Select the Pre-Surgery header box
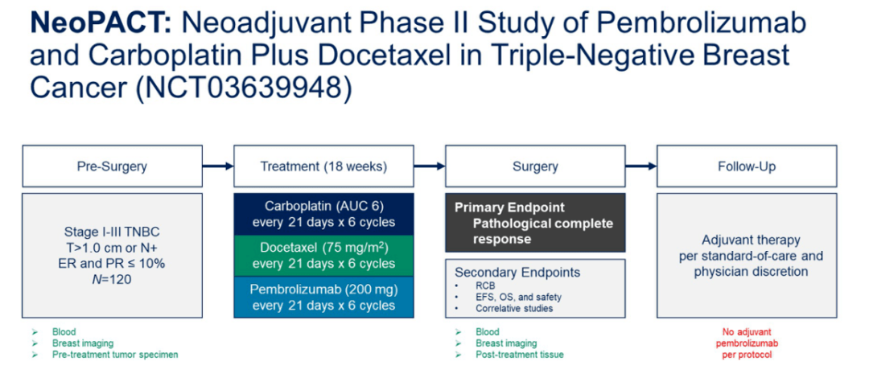pyautogui.click(x=111, y=166)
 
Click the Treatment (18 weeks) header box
pyautogui.click(x=323, y=166)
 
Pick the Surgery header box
pyautogui.click(x=535, y=166)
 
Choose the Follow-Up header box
pyautogui.click(x=747, y=166)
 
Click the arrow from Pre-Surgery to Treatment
pyautogui.click(x=216, y=166)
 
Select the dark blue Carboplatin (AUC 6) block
pyautogui.click(x=323, y=213)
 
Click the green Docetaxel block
pyautogui.click(x=323, y=255)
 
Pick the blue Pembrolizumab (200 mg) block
pyautogui.click(x=323, y=297)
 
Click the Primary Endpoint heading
pyautogui.click(x=509, y=207)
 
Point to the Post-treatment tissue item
pyautogui.click(x=519, y=355)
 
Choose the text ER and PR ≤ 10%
pyautogui.click(x=111, y=263)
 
